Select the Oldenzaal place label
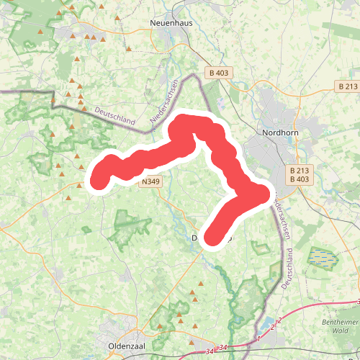[127, 346]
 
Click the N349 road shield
[150, 182]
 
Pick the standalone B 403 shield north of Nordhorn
[218, 73]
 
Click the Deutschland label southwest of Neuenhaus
[115, 117]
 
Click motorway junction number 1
[258, 337]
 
